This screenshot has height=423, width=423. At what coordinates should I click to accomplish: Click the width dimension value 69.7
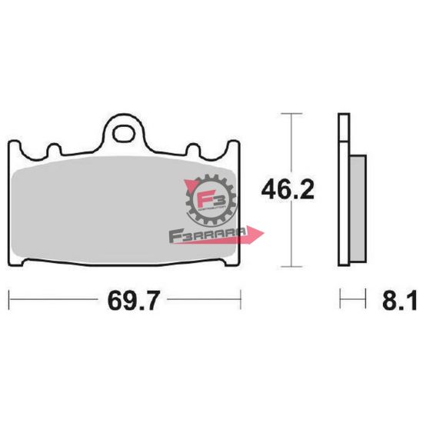(125, 299)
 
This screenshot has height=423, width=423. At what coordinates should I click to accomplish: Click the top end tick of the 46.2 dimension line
(289, 113)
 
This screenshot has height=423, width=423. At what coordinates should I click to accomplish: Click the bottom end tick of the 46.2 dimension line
(289, 266)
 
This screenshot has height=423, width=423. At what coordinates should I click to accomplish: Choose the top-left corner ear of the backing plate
(19, 146)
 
